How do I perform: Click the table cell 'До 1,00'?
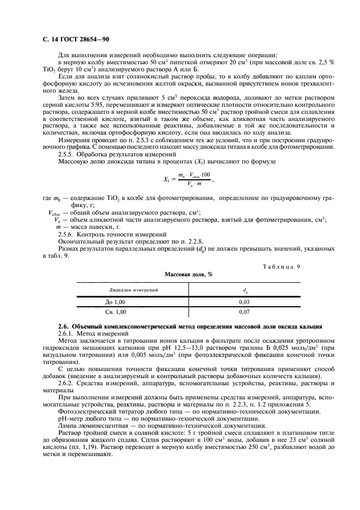(x=115, y=301)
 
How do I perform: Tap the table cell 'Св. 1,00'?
(x=115, y=312)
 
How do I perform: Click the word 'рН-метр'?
(x=70, y=418)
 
